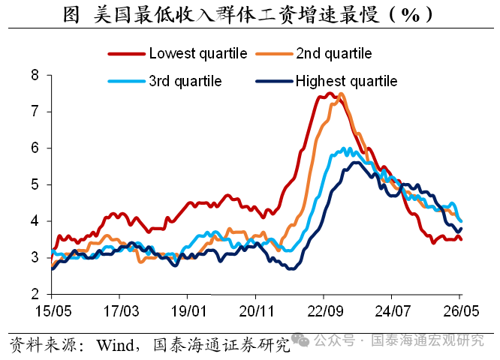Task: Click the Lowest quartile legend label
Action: pyautogui.click(x=198, y=53)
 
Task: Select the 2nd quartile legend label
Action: pyautogui.click(x=334, y=53)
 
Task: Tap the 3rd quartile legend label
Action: pyautogui.click(x=185, y=81)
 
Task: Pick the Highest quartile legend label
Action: pyautogui.click(x=346, y=81)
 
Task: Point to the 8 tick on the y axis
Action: pyautogui.click(x=35, y=75)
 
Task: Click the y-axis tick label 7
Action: pyautogui.click(x=35, y=112)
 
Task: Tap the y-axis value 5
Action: pyautogui.click(x=35, y=184)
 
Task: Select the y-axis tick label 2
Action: pyautogui.click(x=35, y=294)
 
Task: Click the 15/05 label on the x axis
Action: pyautogui.click(x=53, y=311)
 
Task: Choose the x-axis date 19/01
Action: pyautogui.click(x=188, y=311)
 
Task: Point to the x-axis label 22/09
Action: pyautogui.click(x=325, y=311)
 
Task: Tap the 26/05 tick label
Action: pyautogui.click(x=461, y=311)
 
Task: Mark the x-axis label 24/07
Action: pyautogui.click(x=393, y=311)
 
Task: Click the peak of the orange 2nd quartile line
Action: pyautogui.click(x=341, y=94)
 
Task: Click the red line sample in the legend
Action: pyautogui.click(x=127, y=54)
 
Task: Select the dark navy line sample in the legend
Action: pyautogui.click(x=274, y=82)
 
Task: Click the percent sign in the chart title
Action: pyautogui.click(x=411, y=15)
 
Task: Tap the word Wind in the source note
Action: pyautogui.click(x=116, y=345)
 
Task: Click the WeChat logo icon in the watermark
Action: pyautogui.click(x=300, y=340)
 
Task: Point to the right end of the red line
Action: pyautogui.click(x=462, y=239)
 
